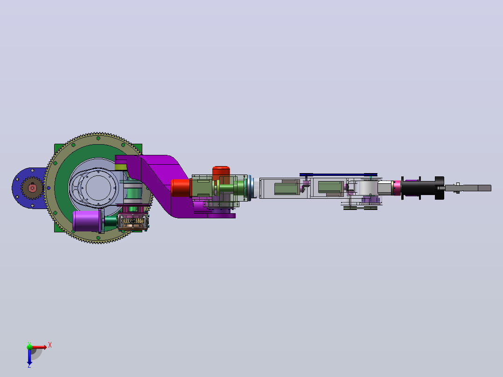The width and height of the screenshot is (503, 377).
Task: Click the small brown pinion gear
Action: [32, 188]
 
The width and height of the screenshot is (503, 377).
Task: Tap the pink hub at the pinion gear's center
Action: [32, 188]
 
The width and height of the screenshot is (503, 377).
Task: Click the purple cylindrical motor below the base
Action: [86, 221]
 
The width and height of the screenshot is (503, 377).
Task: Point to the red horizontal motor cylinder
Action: [181, 188]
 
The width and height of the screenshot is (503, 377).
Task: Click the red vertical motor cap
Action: [221, 171]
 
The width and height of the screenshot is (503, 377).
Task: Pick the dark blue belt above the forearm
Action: [338, 175]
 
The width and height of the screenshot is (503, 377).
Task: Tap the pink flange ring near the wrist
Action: [397, 188]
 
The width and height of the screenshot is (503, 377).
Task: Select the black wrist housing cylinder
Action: [418, 188]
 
